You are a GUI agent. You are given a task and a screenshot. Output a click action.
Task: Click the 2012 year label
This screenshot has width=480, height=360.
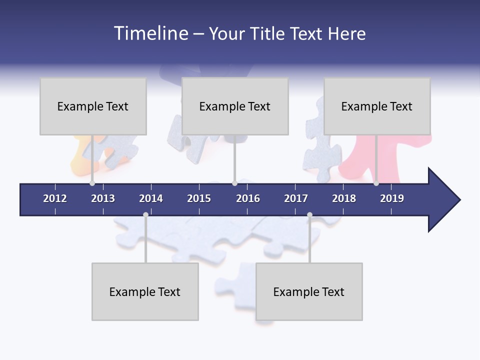[x=55, y=198]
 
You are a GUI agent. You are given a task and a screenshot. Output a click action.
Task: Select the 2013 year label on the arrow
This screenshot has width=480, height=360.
[x=103, y=198]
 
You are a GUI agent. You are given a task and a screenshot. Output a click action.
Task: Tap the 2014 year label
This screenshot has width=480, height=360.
[x=151, y=198]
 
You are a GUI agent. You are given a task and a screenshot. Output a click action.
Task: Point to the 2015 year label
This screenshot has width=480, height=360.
[x=199, y=198]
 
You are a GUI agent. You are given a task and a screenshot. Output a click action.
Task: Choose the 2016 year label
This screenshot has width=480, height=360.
[x=248, y=198]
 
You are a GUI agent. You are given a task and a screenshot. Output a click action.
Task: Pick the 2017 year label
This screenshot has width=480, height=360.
[x=296, y=198]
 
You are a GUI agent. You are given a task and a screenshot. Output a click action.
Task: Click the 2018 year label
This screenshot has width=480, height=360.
[x=344, y=198]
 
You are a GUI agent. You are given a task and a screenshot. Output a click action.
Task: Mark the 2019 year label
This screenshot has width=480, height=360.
[x=392, y=198]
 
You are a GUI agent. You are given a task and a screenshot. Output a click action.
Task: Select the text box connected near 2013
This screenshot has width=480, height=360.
[x=93, y=106]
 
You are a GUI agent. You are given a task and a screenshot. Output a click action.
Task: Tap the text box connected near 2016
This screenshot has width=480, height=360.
[x=235, y=106]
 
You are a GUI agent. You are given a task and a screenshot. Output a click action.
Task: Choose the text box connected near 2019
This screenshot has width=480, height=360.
[x=377, y=106]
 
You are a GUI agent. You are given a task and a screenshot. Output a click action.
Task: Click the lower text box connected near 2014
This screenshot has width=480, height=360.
[x=145, y=291]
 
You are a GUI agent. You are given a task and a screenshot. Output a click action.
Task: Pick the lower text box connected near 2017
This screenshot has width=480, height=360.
[x=309, y=291]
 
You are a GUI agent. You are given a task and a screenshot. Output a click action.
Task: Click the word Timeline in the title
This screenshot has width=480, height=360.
[x=150, y=33]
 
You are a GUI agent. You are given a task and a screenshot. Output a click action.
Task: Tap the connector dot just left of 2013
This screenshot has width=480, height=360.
[x=92, y=183]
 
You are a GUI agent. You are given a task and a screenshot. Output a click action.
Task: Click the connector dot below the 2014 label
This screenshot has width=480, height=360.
[x=145, y=214]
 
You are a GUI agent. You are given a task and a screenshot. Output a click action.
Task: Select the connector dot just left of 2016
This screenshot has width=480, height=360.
[x=234, y=183]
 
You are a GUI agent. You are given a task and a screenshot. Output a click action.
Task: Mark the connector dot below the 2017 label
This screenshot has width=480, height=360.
[x=309, y=214]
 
